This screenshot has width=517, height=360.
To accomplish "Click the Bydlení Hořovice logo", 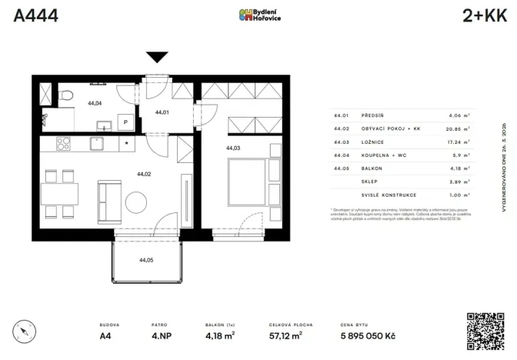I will (258, 15).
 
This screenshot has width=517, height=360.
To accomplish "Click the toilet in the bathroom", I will (67, 94).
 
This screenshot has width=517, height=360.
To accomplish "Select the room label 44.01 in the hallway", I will (162, 112).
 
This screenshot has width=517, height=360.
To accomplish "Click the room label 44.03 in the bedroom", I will (233, 148).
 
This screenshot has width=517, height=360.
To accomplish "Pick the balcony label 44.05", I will (145, 260).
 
